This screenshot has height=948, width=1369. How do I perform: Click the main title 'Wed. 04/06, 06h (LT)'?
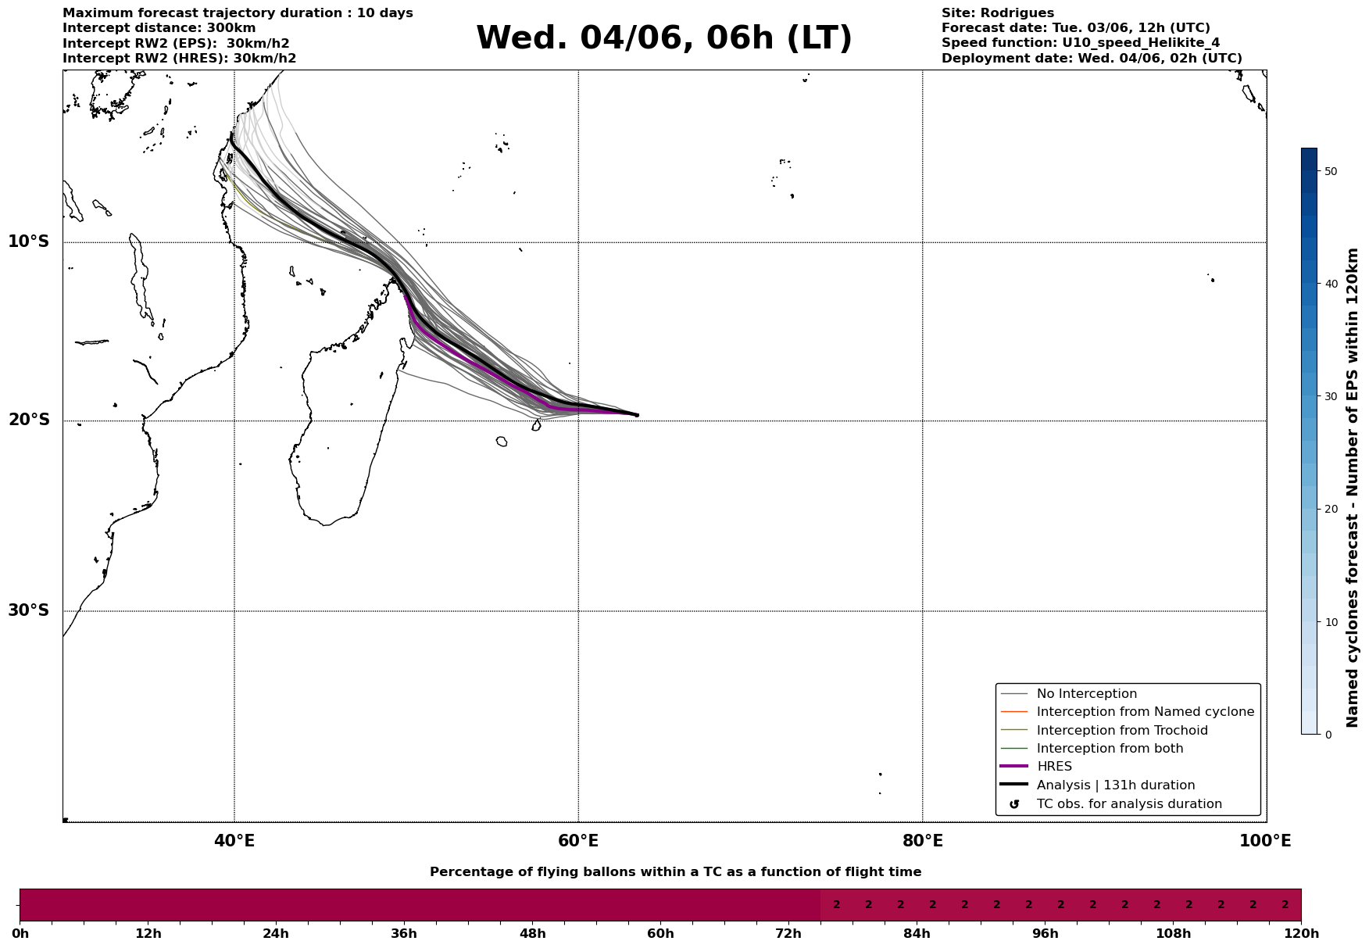point(663,38)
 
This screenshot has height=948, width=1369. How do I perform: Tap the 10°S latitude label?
point(29,241)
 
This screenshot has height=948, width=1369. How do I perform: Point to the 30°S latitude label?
point(29,610)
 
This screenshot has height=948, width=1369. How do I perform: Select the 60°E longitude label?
point(578,841)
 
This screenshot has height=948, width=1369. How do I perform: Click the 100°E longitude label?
point(1265,841)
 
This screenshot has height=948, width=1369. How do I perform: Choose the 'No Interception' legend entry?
point(1086,694)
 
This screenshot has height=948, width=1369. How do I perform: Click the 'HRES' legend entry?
point(1054,767)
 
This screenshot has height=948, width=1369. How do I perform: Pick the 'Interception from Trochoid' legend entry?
point(1121,731)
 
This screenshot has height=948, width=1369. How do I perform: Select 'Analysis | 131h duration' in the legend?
point(1115,785)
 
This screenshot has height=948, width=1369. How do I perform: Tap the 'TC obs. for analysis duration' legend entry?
point(1128,804)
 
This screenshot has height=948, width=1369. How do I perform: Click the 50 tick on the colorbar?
point(1331,171)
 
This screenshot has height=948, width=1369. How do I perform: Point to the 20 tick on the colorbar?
point(1331,510)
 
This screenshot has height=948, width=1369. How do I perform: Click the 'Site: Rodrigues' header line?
point(997,13)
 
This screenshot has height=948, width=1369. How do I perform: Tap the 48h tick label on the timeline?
point(532,934)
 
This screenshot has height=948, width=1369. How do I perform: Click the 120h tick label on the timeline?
point(1301,934)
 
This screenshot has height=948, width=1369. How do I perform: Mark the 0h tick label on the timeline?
point(21,934)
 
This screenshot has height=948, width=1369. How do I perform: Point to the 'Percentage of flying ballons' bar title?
point(675,872)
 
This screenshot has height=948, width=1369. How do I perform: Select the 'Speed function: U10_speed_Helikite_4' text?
point(1080,43)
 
